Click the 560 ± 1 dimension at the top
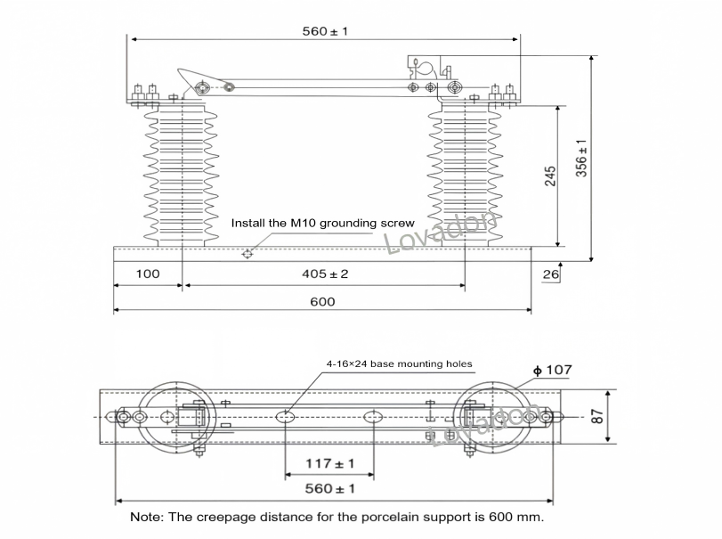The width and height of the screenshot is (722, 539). [325, 31]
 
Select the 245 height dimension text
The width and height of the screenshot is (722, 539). [550, 176]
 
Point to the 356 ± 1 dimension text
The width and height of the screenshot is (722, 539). [581, 158]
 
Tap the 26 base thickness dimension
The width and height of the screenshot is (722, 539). [550, 274]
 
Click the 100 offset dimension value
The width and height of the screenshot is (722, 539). [148, 274]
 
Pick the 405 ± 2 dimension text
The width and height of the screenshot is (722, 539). [325, 274]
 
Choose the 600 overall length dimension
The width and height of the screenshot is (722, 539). [322, 302]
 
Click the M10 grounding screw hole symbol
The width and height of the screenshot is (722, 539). [247, 253]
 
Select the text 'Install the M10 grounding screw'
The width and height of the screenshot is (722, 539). [323, 223]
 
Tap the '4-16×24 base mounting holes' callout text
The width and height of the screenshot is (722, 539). [399, 364]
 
